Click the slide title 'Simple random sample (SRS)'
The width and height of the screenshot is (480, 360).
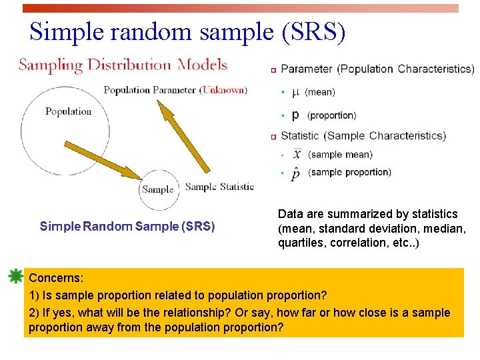pyautogui.click(x=187, y=31)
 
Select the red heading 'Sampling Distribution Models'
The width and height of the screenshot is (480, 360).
pyautogui.click(x=123, y=65)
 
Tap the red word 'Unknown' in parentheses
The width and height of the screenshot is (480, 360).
pyautogui.click(x=223, y=90)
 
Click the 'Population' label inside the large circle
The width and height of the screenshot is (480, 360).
pyautogui.click(x=68, y=111)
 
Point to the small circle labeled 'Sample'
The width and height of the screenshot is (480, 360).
pyautogui.click(x=157, y=189)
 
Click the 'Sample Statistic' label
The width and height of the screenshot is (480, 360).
pyautogui.click(x=219, y=187)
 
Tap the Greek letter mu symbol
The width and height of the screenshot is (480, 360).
pyautogui.click(x=296, y=92)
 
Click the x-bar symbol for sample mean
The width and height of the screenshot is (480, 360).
pyautogui.click(x=297, y=154)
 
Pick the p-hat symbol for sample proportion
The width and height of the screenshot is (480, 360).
pyautogui.click(x=295, y=173)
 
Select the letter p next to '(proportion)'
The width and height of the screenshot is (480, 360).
pyautogui.click(x=295, y=115)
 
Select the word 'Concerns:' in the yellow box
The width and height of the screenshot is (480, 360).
pyautogui.click(x=56, y=277)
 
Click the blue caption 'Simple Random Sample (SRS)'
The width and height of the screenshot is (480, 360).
pyautogui.click(x=127, y=227)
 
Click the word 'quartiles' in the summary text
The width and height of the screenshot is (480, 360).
pyautogui.click(x=300, y=243)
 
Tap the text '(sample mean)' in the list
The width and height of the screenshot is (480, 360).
pyautogui.click(x=341, y=155)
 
